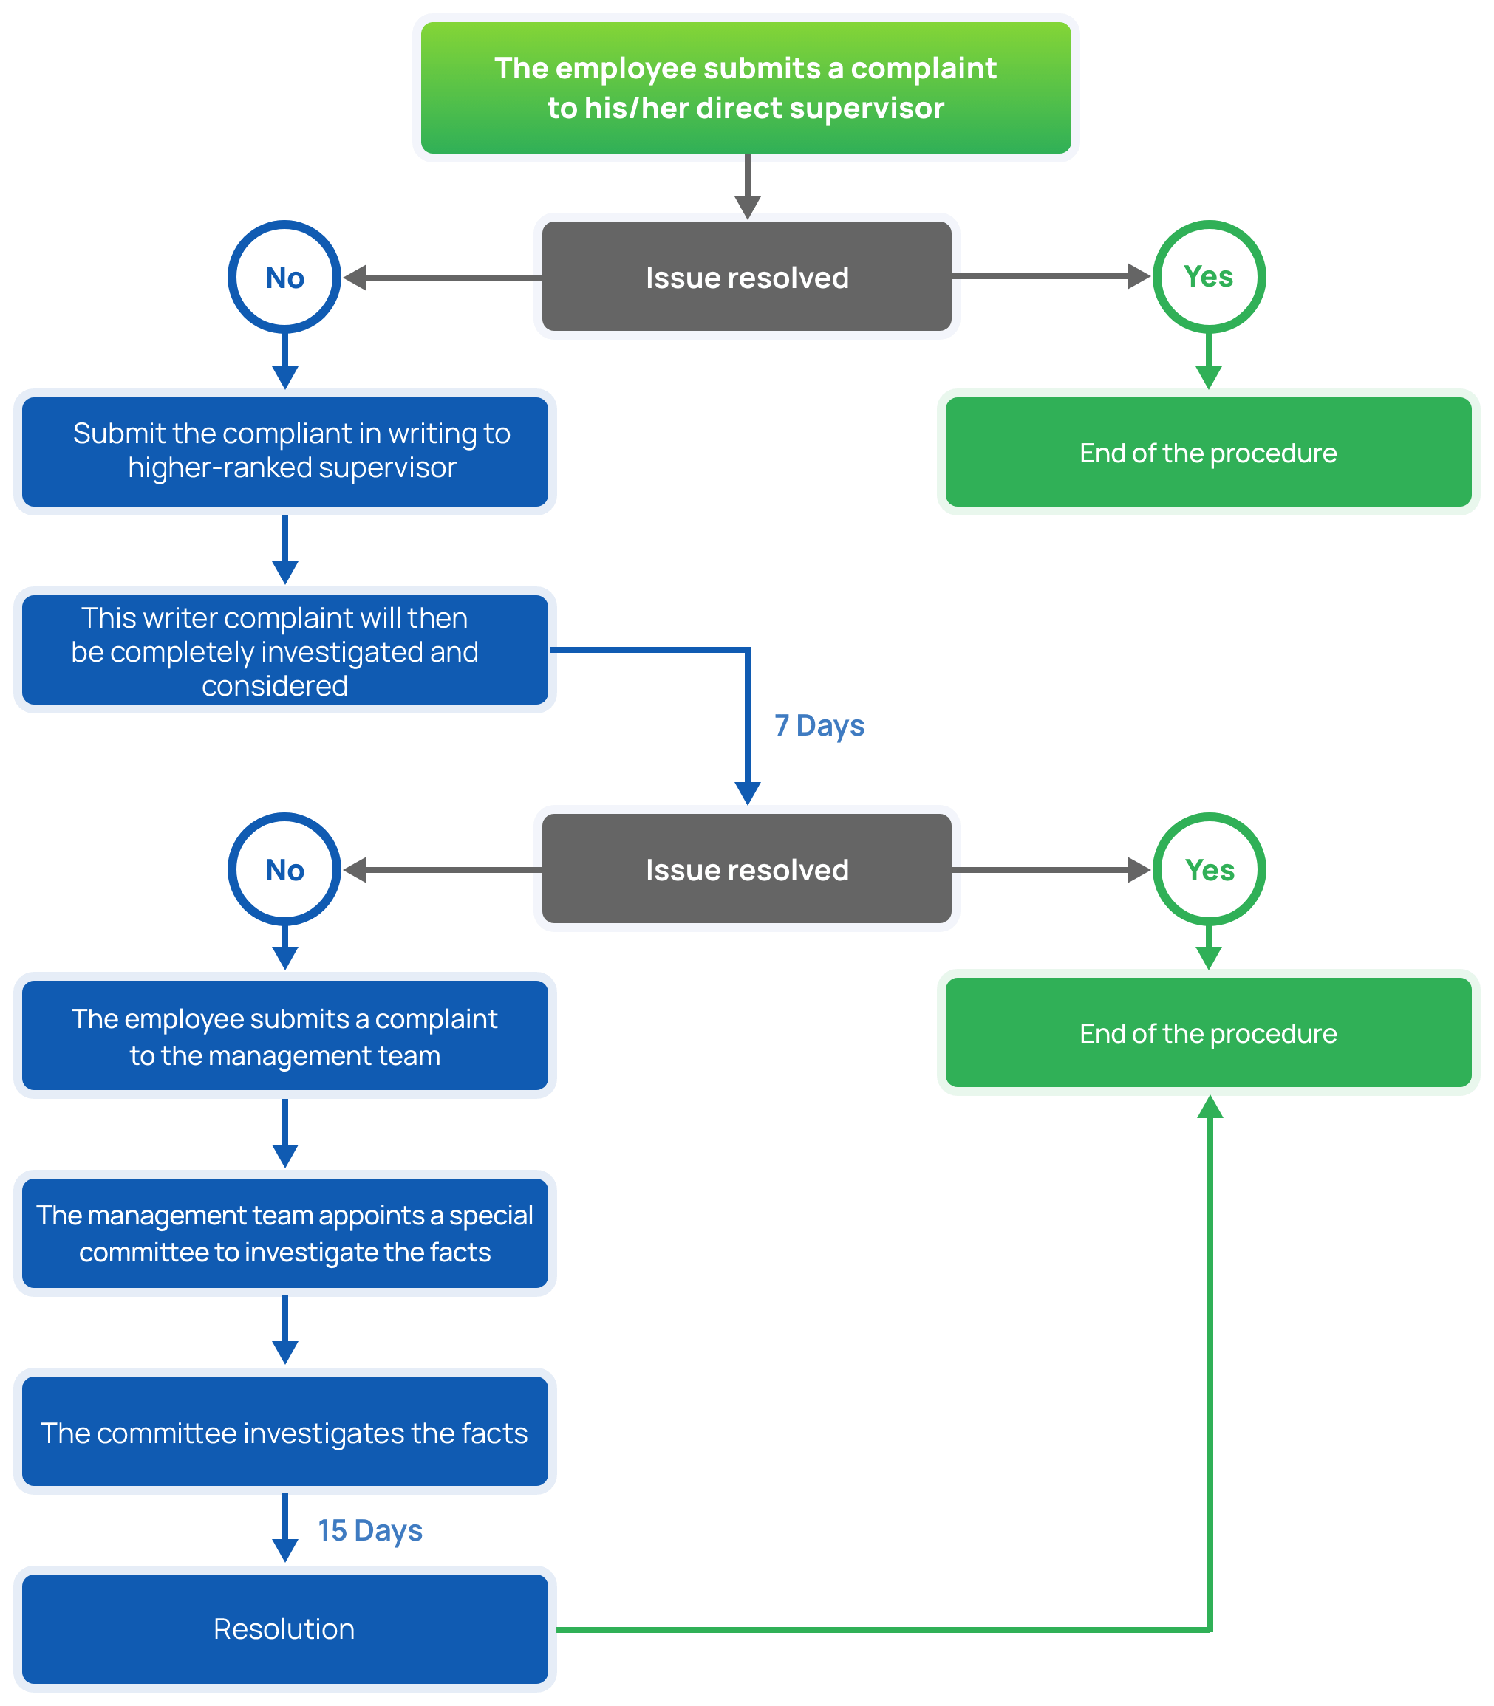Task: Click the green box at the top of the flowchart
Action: [x=746, y=87]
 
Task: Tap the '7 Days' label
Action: [x=819, y=725]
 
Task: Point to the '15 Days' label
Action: [x=370, y=1530]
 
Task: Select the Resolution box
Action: [x=285, y=1628]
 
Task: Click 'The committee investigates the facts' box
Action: [x=285, y=1432]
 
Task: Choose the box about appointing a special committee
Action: [x=285, y=1233]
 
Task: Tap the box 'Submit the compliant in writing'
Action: [x=285, y=452]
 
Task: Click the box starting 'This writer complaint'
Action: [x=285, y=650]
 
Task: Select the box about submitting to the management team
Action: [x=285, y=1035]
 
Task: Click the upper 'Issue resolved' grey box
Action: [x=746, y=276]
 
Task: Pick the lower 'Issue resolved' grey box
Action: [x=746, y=869]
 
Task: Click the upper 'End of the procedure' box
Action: [x=1208, y=452]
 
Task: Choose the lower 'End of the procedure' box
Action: [x=1208, y=1032]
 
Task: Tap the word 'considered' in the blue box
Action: [x=274, y=686]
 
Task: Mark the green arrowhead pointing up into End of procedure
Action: [x=1210, y=1107]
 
